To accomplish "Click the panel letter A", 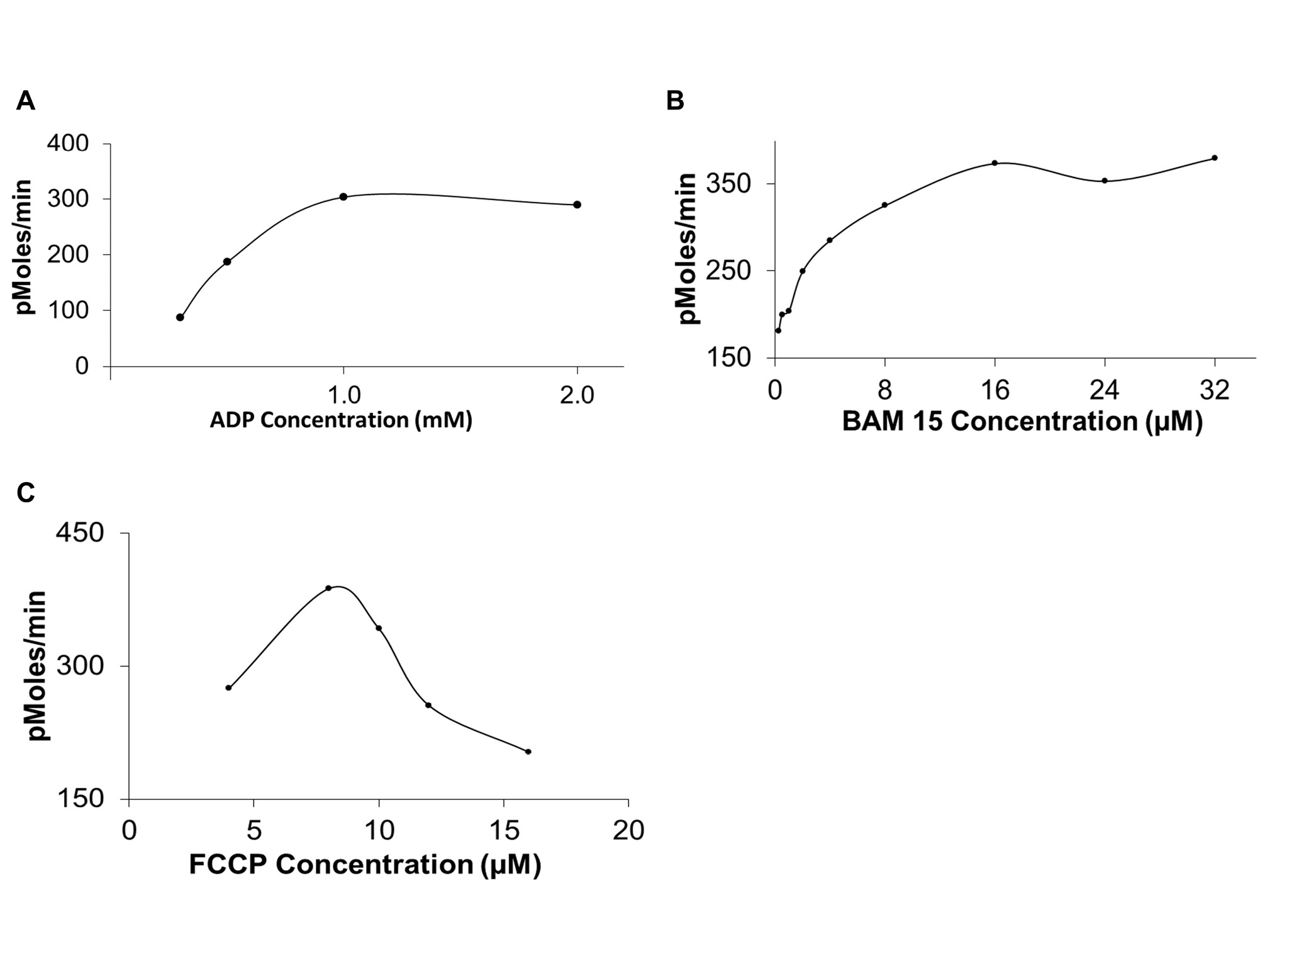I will coord(25,101).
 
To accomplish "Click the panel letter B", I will coord(675,101).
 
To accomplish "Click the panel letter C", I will coord(26,493).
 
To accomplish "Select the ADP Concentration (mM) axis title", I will coord(340,420).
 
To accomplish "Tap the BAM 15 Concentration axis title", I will coord(1022,421).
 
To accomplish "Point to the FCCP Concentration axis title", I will coord(365,864).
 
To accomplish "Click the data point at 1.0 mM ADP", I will coord(343,197).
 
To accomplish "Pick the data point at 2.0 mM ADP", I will coord(577,205).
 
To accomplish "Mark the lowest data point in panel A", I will coord(180,317).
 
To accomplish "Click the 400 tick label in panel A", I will coord(68,144).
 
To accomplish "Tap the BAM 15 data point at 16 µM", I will coord(995,163).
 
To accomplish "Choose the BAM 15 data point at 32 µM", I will coord(1214,158).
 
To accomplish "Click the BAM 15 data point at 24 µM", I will coord(1104,181).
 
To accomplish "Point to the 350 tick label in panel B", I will coord(728,184).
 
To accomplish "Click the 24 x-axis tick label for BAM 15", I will coord(1104,390).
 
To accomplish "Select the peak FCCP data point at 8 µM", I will coord(328,588).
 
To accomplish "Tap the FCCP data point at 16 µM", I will coord(528,752).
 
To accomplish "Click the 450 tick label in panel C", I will coord(81,533).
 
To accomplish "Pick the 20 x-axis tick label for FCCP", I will coord(628,831).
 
